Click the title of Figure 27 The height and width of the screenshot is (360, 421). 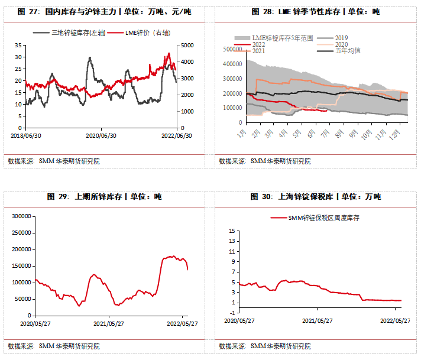point(105,11)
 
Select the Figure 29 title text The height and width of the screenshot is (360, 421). point(105,196)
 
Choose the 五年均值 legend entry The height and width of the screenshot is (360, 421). point(347,51)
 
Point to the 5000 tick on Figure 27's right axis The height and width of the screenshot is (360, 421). point(187,45)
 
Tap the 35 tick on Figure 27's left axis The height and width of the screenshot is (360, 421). point(18,45)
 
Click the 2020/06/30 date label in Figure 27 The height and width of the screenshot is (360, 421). point(101,135)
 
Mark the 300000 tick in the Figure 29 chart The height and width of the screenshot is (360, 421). point(20,216)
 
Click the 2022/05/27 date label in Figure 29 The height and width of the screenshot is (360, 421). point(182,323)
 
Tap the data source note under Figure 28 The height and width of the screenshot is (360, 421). point(264,161)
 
